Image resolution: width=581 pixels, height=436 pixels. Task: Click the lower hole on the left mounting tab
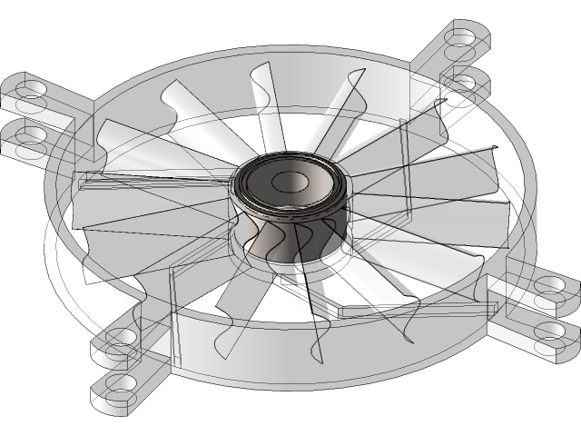pos(32,136)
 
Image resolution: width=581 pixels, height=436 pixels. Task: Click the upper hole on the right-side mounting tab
pos(549,285)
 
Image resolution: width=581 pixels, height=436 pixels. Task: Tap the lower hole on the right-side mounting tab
pos(549,330)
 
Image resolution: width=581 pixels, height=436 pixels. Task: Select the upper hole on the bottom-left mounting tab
pos(121,338)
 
